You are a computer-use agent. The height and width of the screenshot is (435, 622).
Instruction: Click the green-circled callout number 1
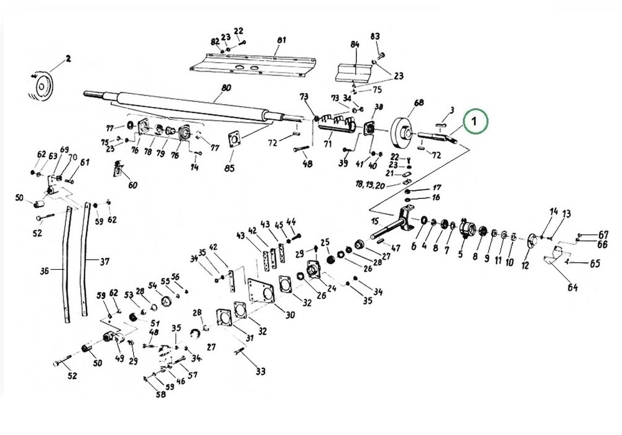474,122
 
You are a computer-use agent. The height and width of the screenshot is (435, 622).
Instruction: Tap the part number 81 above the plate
281,40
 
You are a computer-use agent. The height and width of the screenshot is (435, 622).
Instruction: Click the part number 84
355,45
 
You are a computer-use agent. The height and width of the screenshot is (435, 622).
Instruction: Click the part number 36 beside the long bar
44,270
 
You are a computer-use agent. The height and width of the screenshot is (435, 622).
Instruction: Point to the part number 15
374,221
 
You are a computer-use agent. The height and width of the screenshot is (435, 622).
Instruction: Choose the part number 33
260,372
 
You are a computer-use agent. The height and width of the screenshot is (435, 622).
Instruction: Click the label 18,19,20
371,185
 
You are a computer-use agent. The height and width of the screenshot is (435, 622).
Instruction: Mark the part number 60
132,185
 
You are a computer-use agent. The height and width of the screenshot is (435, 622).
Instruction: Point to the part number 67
603,234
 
